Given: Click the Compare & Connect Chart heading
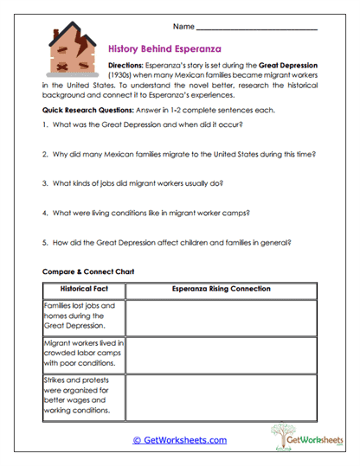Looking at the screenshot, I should tap(89, 271).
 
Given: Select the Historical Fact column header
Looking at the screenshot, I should tap(84, 288).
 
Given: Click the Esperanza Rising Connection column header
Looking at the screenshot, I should tap(221, 288).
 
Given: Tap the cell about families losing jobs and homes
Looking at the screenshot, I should tap(84, 316).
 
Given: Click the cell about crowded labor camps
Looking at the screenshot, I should tap(84, 354).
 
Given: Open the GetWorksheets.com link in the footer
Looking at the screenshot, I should tap(179, 440).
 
